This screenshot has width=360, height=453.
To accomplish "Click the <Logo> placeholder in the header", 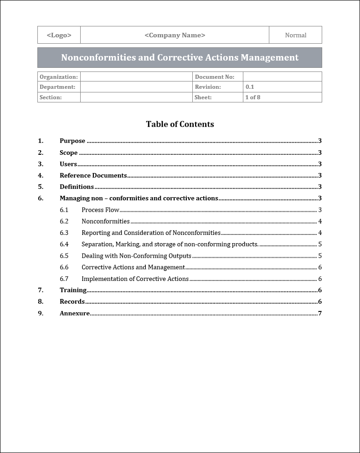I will tap(59, 35).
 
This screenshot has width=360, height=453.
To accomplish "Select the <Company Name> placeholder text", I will tap(175, 35).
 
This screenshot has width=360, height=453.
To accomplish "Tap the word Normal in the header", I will tap(295, 35).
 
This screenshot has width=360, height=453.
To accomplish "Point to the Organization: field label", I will tap(58, 77).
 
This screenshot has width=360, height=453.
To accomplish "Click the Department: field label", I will tap(57, 87).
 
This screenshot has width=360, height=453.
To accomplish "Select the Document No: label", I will tap(214, 77).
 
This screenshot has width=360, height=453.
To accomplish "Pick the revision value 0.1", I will tap(250, 87).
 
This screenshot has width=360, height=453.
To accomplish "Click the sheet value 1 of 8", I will tap(253, 97).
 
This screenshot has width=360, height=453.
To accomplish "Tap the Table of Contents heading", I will tap(180, 124).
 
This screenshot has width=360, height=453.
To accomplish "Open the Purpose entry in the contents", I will tap(72, 141).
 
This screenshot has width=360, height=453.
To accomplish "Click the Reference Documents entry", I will tap(93, 175).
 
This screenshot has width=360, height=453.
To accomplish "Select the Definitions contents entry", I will tap(77, 187).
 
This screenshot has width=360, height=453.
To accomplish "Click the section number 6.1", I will tap(64, 210).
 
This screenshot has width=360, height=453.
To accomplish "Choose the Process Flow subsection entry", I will tap(100, 210).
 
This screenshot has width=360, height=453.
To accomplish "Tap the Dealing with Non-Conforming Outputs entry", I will tap(136, 256).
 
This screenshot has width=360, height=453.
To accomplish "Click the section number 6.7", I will tap(64, 279).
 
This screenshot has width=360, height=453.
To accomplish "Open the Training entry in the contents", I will tap(73, 290).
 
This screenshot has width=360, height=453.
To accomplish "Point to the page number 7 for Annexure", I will tap(320, 313).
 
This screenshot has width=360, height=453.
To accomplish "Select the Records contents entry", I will tap(72, 301).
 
